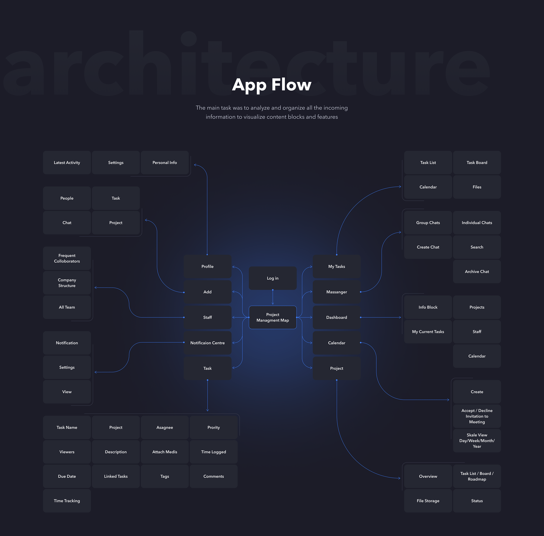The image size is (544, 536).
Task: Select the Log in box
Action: pos(273,278)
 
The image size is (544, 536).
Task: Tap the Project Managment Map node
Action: pos(273,317)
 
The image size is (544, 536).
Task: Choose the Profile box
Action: pos(207,266)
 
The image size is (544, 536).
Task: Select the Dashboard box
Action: pos(337,317)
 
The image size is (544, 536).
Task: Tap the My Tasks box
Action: pos(337,266)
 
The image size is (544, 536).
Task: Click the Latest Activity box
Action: pos(67,162)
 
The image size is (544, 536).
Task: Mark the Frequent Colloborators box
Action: pos(67,258)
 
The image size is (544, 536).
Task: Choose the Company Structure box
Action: pos(67,283)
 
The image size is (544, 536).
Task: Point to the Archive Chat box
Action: pos(477,271)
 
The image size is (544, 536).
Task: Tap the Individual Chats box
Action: pos(477,223)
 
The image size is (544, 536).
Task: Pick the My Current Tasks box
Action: pos(428,332)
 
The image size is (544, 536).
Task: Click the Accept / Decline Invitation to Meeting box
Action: pos(477,416)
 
